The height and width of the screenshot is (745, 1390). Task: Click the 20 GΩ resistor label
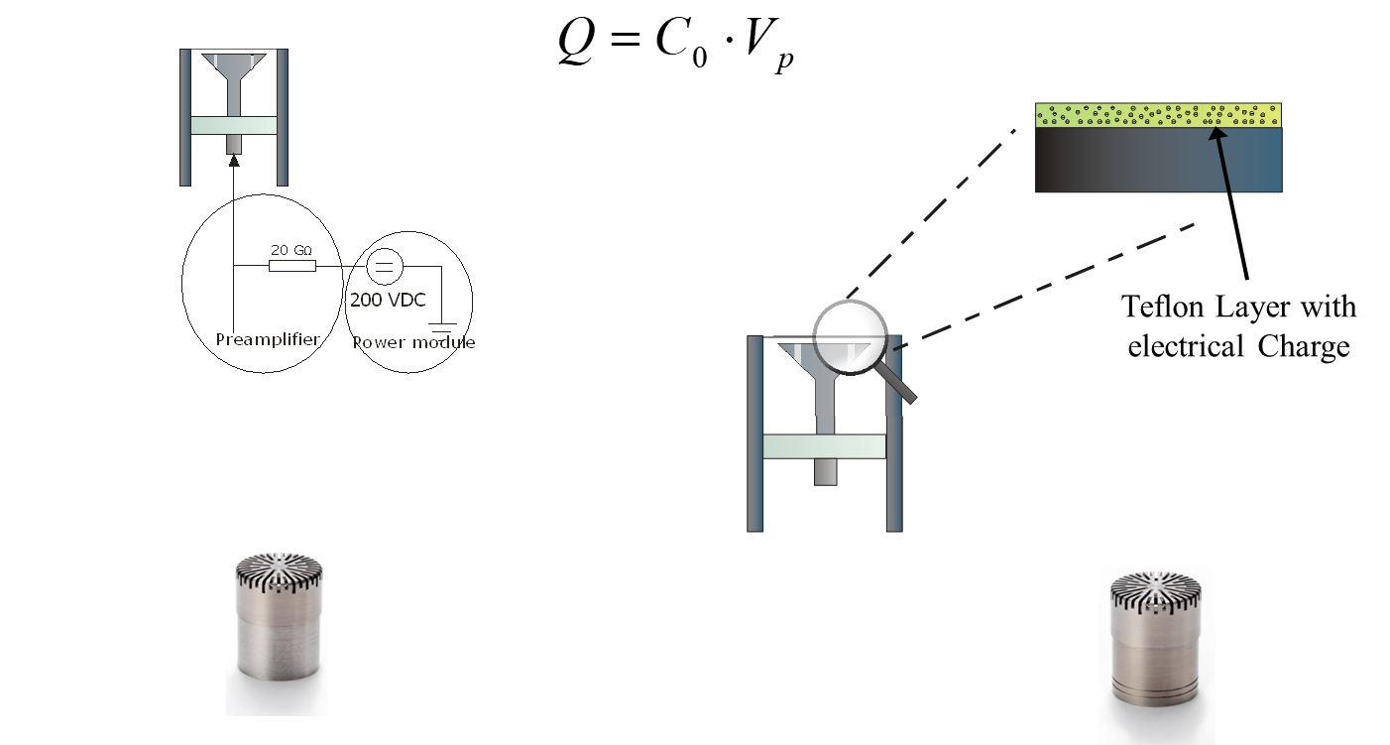291,249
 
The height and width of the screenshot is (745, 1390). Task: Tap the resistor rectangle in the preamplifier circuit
292,266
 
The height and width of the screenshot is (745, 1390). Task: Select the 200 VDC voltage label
388,300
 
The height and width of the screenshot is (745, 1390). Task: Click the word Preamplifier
268,339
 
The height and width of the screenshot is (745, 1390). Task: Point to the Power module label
414,342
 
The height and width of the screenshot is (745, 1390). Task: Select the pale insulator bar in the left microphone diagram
234,126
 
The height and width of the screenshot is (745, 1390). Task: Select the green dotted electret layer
1158,115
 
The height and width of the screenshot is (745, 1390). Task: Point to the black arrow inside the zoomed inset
1221,159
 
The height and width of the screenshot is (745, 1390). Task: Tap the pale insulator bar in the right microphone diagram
824,446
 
